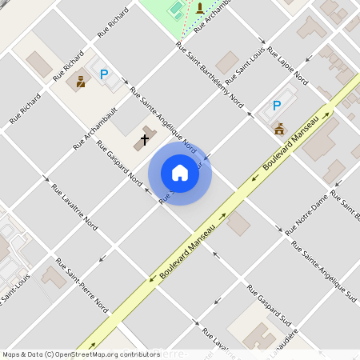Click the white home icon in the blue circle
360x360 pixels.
click(x=180, y=172)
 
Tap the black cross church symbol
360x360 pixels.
click(x=145, y=140)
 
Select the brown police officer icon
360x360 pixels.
click(x=81, y=80)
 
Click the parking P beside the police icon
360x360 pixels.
click(x=103, y=74)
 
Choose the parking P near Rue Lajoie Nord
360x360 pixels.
click(x=277, y=105)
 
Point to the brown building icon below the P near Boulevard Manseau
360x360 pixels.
click(x=279, y=128)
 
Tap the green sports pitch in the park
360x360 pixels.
click(x=175, y=9)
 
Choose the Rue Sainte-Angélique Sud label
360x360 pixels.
click(x=325, y=271)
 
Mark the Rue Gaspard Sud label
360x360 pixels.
click(x=269, y=306)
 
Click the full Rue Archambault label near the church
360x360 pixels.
click(x=95, y=128)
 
